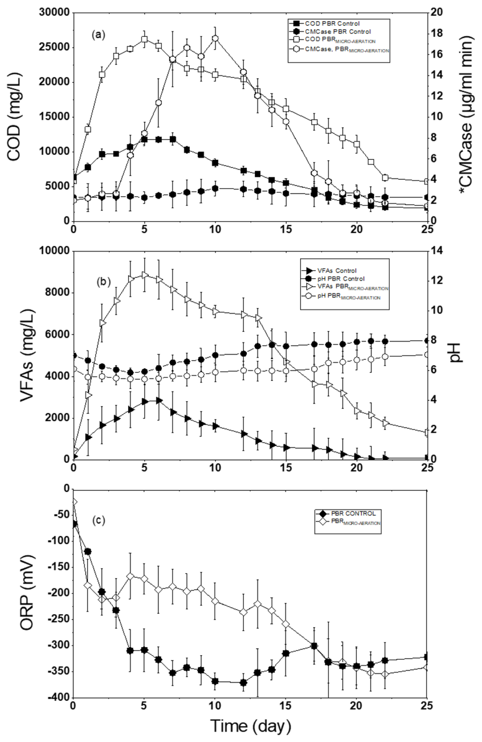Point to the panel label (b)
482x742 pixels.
[x=103, y=282]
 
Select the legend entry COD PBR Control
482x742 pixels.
[x=332, y=23]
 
